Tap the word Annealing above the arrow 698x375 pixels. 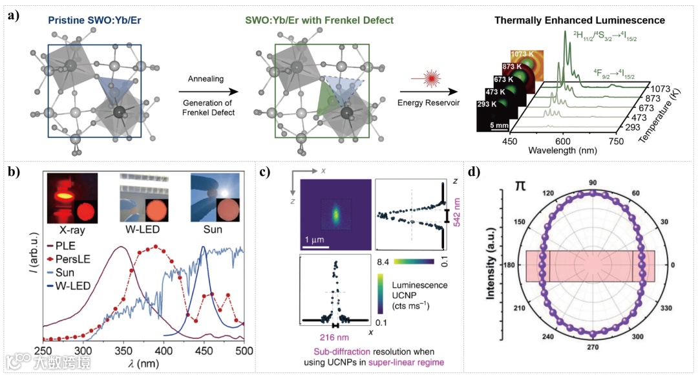[205, 79]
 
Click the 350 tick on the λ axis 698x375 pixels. [122, 350]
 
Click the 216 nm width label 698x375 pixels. [335, 336]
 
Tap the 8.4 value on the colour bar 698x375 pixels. [381, 262]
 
